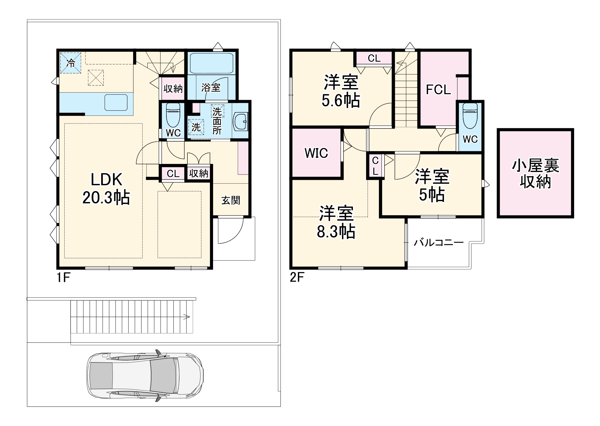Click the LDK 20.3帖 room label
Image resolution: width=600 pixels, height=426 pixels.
tap(106, 189)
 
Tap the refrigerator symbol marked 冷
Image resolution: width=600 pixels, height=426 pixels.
tap(71, 63)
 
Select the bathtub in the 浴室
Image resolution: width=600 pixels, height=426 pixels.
tap(211, 63)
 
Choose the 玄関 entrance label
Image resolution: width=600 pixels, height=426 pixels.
tap(231, 200)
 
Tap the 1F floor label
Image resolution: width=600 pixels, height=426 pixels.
tap(63, 277)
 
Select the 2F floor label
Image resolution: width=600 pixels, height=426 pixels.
tap(297, 277)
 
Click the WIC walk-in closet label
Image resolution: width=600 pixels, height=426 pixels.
tap(316, 153)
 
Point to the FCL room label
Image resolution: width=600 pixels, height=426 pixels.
tap(439, 90)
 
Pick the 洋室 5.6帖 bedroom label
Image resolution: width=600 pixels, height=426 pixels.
tap(341, 91)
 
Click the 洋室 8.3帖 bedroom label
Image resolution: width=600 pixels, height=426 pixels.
tap(336, 222)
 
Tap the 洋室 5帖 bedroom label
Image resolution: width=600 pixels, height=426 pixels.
tap(432, 186)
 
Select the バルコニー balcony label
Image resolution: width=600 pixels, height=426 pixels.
tap(439, 243)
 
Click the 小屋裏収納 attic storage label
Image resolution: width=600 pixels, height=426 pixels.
tap(535, 174)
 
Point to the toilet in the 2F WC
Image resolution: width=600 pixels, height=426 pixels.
tap(470, 116)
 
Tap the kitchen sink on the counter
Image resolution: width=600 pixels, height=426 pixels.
tap(116, 103)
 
